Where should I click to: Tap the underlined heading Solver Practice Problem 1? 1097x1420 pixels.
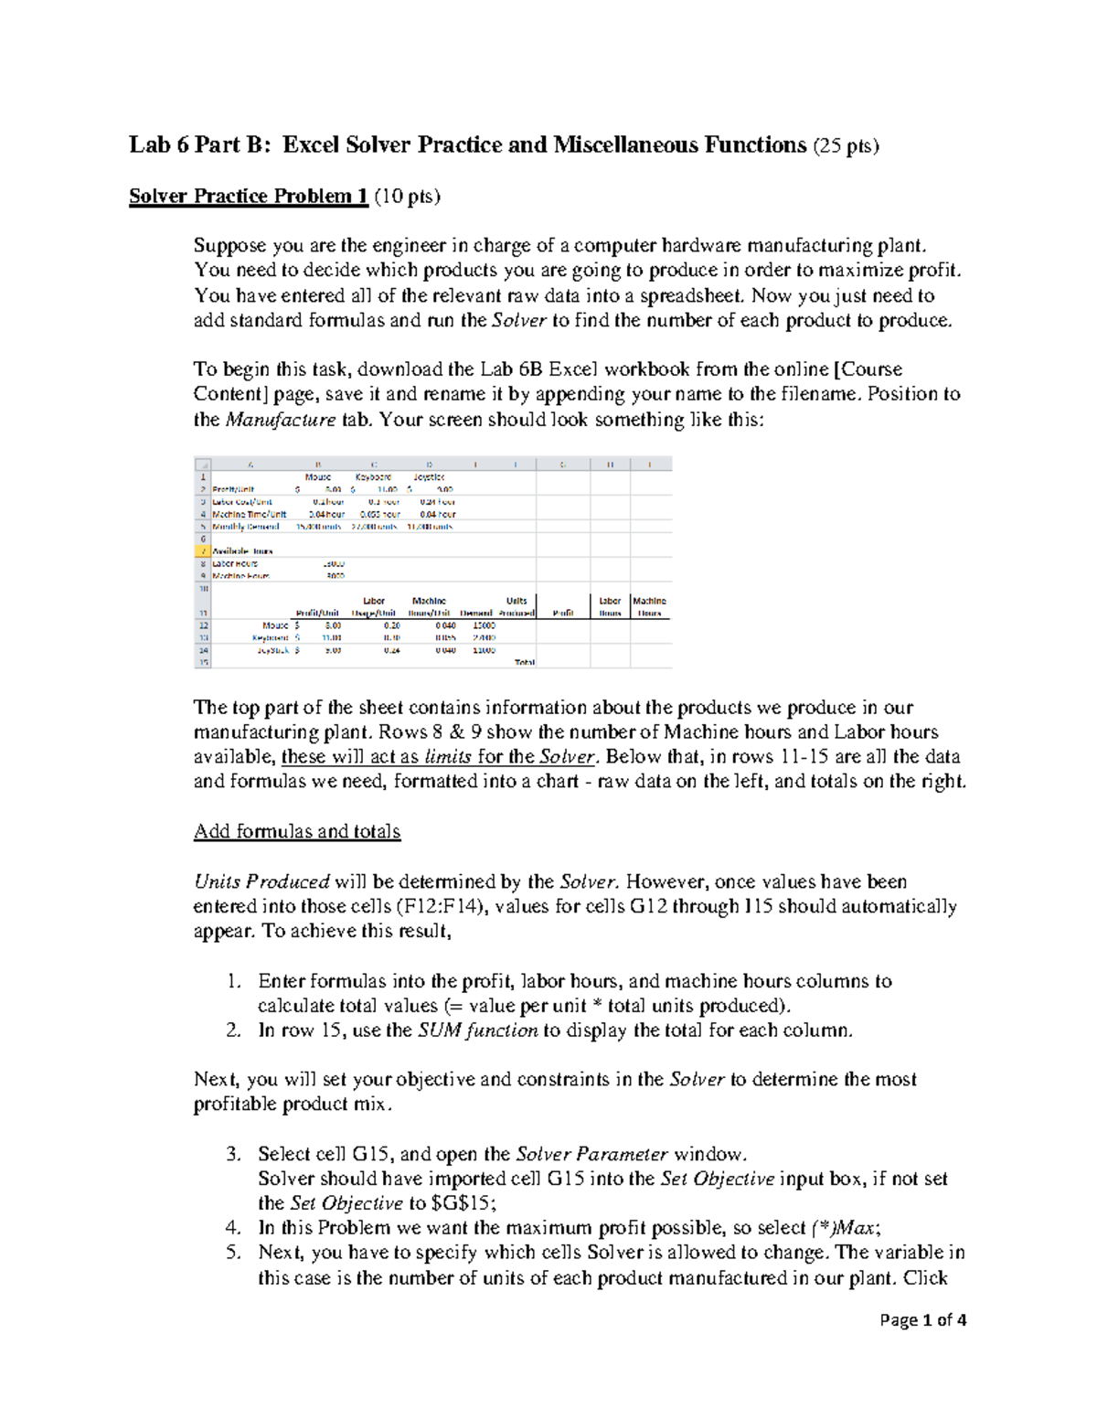(x=248, y=197)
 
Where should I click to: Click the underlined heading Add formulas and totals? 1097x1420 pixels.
(x=297, y=831)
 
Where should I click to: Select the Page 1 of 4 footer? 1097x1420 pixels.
(x=922, y=1320)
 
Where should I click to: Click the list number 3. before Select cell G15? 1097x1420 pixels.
(x=233, y=1154)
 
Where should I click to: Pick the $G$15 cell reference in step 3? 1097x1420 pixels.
(x=463, y=1203)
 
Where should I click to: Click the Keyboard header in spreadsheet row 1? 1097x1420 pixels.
(x=373, y=477)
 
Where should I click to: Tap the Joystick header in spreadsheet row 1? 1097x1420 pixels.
(x=429, y=477)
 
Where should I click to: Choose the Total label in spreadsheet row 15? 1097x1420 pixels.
(x=525, y=662)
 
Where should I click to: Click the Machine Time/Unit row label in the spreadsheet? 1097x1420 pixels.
(x=250, y=515)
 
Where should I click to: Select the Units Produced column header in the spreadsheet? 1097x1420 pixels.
(x=517, y=607)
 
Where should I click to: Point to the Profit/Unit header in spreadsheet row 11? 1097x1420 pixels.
(x=317, y=613)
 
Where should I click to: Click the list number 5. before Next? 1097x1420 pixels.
(x=233, y=1253)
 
